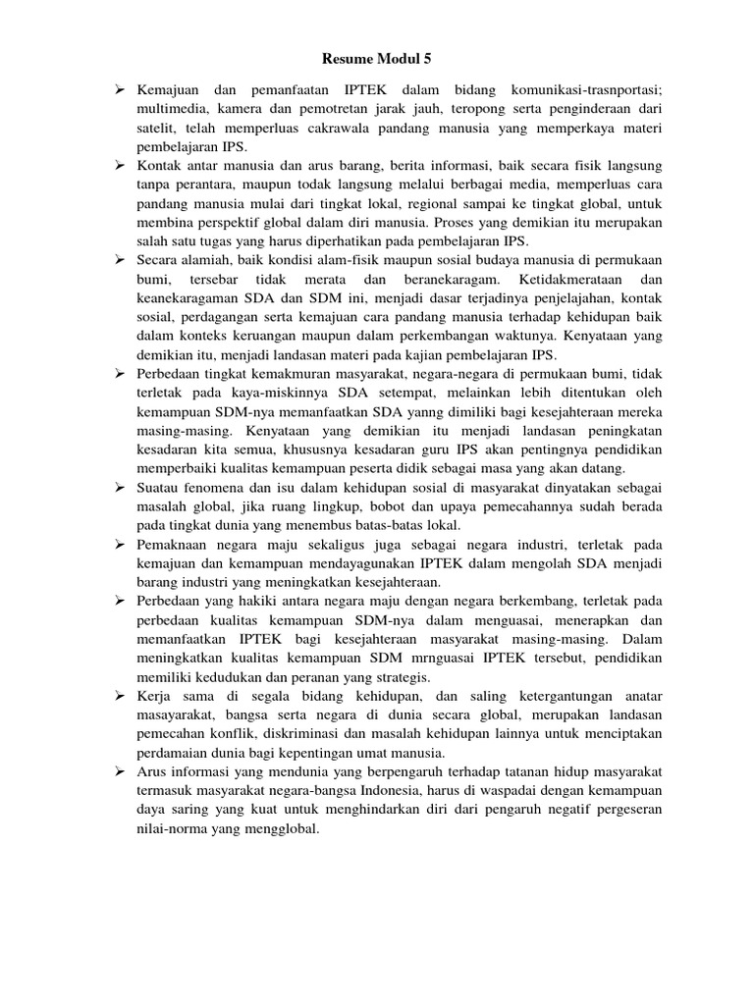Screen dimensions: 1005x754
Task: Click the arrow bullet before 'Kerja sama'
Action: tap(118, 694)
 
